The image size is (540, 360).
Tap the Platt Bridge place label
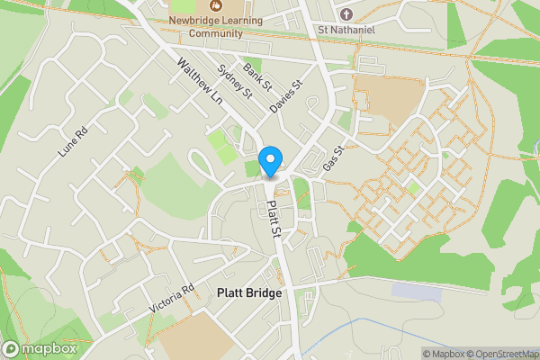click(249, 293)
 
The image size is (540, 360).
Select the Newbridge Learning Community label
click(216, 26)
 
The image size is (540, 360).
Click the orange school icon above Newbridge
click(215, 5)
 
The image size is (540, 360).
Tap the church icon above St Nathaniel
click(346, 14)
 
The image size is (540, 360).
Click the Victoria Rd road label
click(173, 301)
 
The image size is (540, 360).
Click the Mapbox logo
click(40, 349)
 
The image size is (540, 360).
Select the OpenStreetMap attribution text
click(496, 354)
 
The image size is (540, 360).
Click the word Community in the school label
click(216, 33)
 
